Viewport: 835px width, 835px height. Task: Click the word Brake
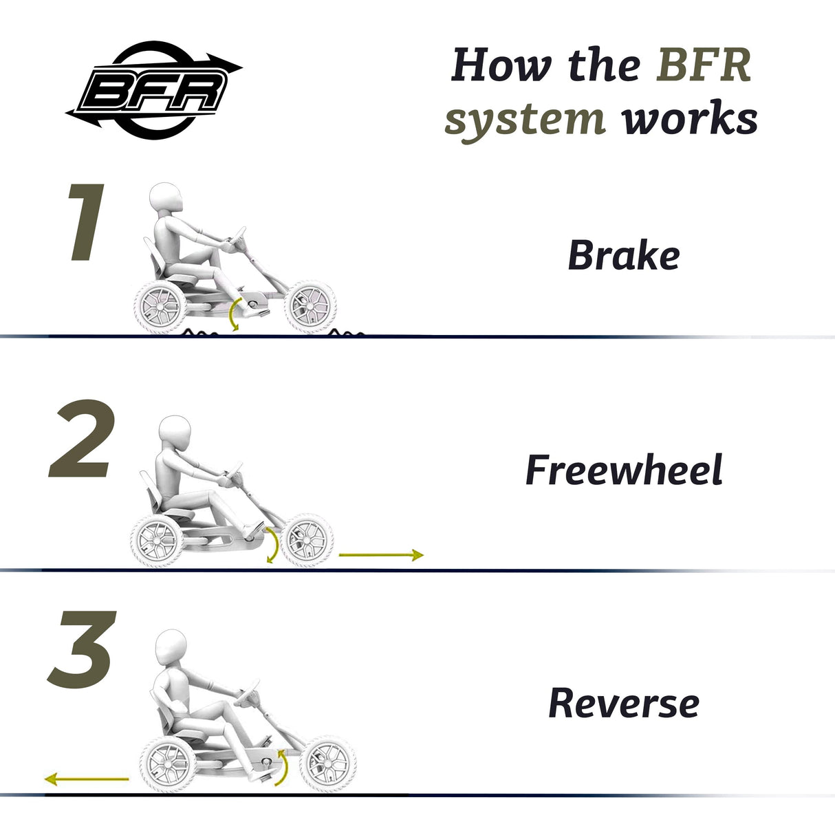[x=623, y=256]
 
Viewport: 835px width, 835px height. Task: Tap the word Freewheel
[x=623, y=470]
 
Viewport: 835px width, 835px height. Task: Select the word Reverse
[x=623, y=703]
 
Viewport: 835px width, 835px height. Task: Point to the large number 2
[x=81, y=440]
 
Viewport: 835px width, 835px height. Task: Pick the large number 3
[x=80, y=651]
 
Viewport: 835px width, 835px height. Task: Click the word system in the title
[x=525, y=118]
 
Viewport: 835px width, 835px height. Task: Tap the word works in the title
[x=689, y=118]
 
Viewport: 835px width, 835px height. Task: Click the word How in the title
[x=501, y=65]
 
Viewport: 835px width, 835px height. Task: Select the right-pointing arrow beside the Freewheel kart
[x=381, y=554]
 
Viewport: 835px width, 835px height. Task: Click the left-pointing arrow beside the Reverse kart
[x=87, y=779]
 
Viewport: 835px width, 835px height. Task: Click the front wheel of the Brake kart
[x=310, y=306]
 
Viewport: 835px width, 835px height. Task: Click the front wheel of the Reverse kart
[x=328, y=763]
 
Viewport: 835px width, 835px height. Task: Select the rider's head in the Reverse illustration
[x=171, y=649]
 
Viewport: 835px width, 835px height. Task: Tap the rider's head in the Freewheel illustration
[x=175, y=433]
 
